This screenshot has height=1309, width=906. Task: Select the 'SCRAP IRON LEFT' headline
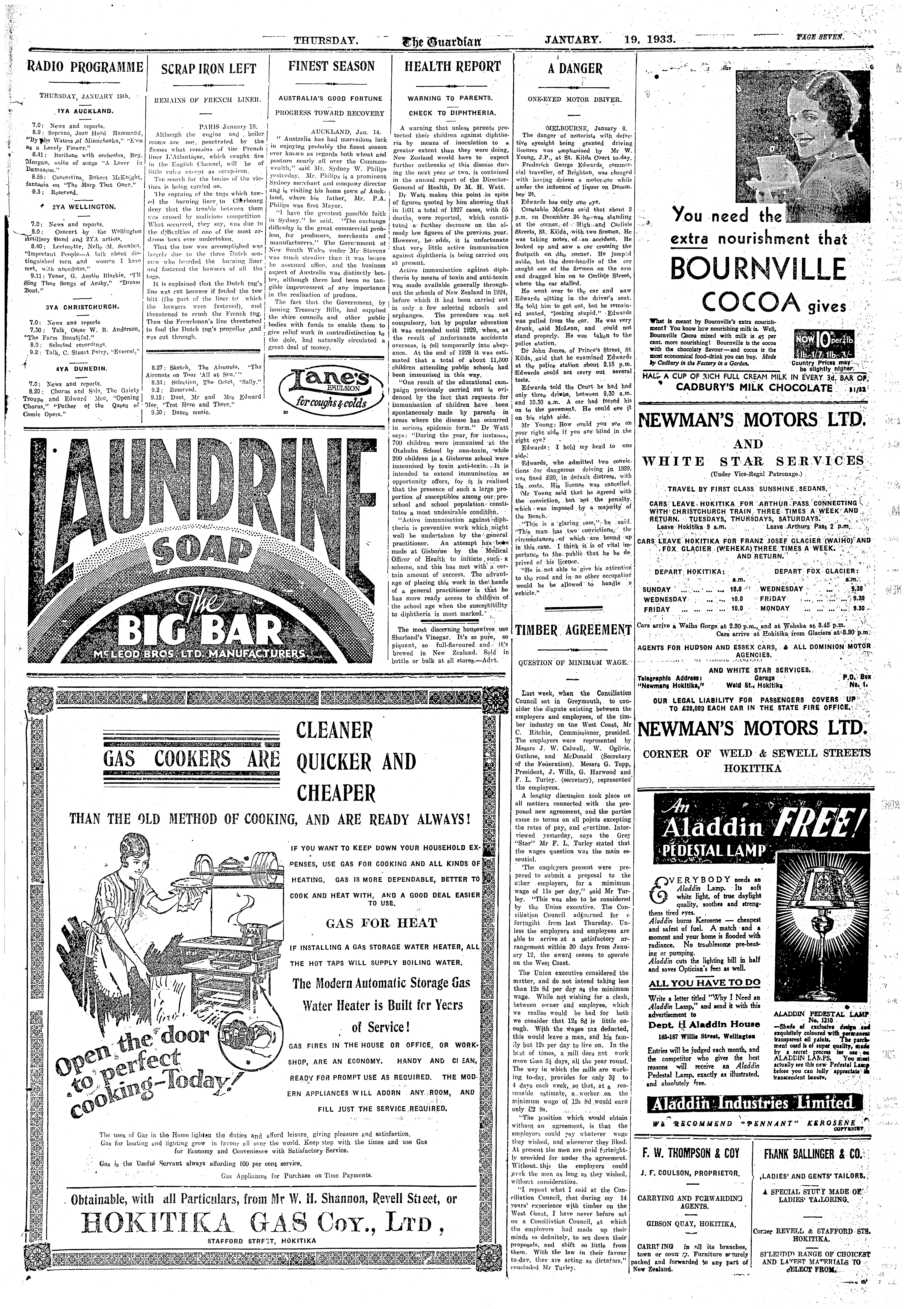coord(208,69)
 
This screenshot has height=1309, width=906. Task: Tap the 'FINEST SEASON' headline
coord(332,66)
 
